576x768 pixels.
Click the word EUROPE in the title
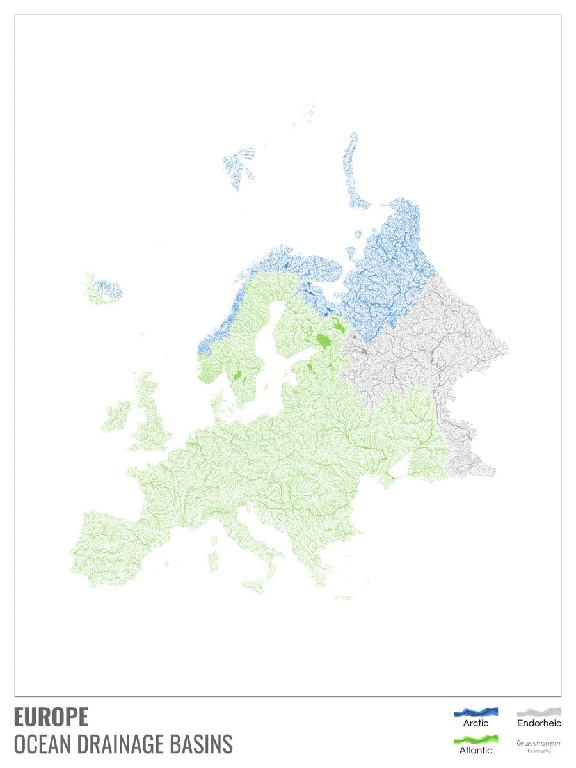coord(51,717)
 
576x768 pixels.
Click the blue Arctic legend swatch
coord(476,712)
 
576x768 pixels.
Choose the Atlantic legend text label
coord(476,750)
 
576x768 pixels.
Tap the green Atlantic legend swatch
coord(476,739)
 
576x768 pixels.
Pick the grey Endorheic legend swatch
coord(539,712)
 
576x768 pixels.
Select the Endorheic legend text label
coord(539,723)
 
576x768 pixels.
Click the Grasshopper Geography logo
coord(539,746)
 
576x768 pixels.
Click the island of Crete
coord(344,598)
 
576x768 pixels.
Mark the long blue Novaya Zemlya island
coord(352,170)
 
